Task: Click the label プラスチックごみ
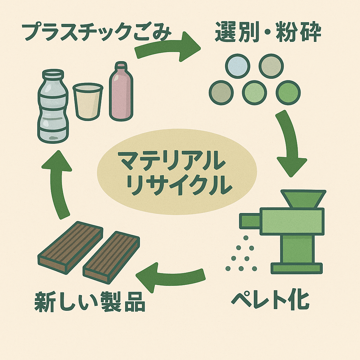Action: click(97, 33)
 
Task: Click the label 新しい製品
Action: click(90, 301)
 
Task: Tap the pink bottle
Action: click(121, 93)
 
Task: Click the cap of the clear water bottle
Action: click(53, 75)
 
